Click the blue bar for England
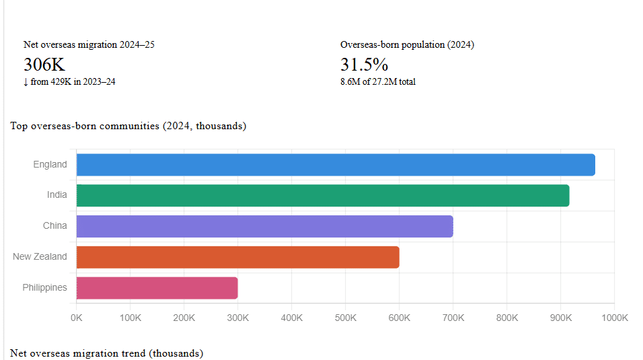pos(336,165)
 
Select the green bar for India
pos(323,195)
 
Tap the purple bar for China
pos(264,226)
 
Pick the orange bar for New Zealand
pos(237,257)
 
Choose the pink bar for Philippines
pos(157,288)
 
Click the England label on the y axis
pos(50,164)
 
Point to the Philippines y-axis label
pos(44,287)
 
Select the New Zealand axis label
pos(40,256)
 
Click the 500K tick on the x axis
pos(345,318)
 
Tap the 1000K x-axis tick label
pos(613,318)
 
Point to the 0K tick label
pos(77,318)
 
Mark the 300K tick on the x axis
pos(237,318)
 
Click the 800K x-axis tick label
pos(506,318)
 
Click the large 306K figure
pos(44,65)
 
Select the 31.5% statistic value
pos(364,65)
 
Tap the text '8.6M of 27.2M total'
pos(378,82)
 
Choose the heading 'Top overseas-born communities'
pos(128,126)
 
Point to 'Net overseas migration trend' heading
pos(106,353)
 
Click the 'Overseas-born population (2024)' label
pos(407,45)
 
